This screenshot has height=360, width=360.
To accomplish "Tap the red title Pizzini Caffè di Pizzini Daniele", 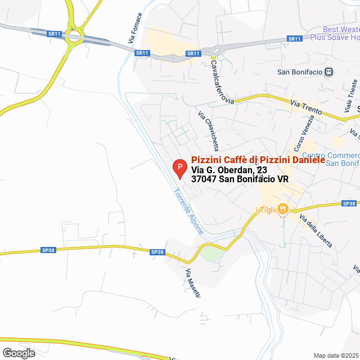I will coord(258,160).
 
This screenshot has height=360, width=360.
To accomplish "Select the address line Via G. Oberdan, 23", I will coord(229,170).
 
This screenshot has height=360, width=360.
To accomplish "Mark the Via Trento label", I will coord(307,107).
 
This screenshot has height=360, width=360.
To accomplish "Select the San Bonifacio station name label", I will coord(301,71).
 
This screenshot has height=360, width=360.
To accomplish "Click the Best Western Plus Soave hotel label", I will coord(340,33).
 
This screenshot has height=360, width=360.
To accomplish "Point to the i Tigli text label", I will coord(264,210).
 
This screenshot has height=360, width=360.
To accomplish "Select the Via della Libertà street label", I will coord(316,231).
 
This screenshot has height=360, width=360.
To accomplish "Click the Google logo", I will coord(18,353).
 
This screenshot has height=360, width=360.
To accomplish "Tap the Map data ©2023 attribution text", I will coord(335,355).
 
